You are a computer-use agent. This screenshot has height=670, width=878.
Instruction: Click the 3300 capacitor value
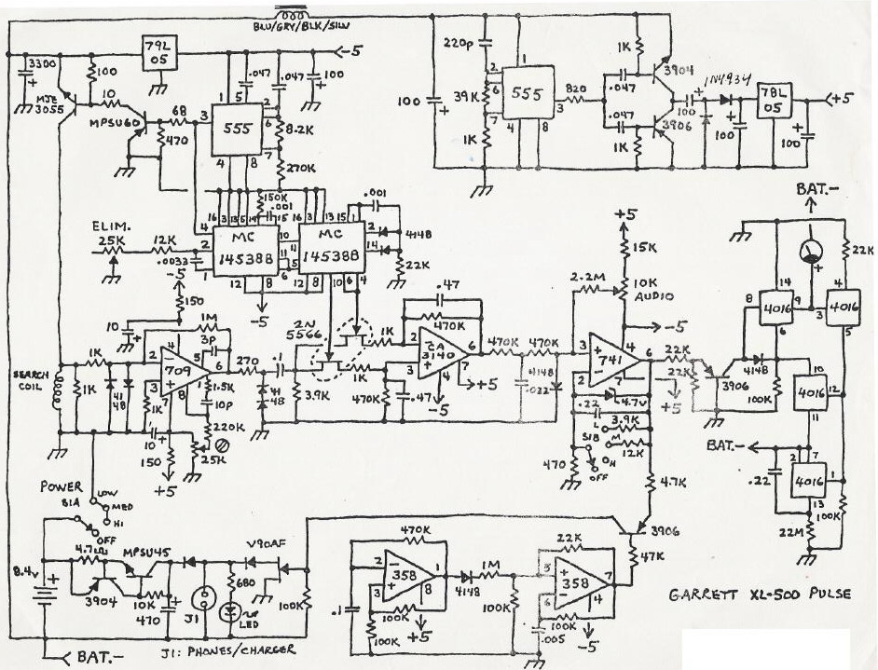point(41,62)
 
